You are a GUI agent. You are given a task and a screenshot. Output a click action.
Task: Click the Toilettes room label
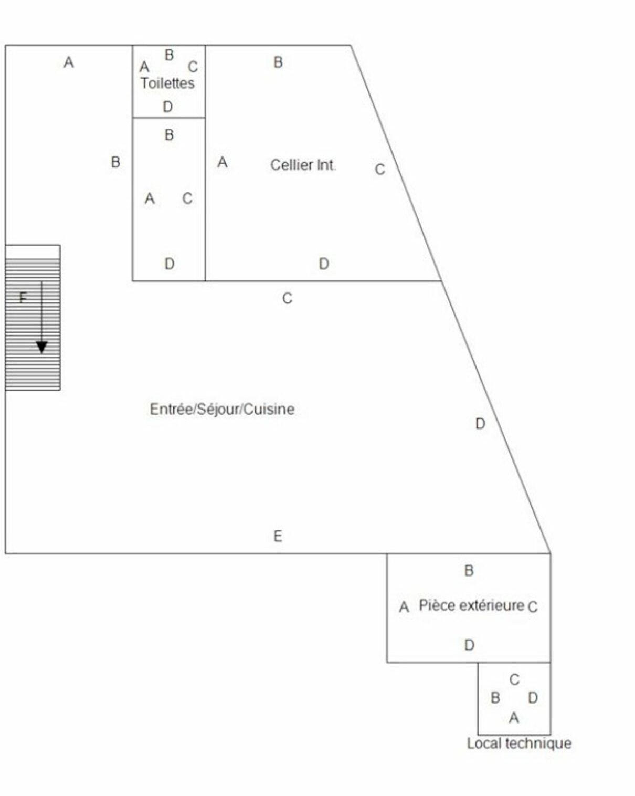point(167,83)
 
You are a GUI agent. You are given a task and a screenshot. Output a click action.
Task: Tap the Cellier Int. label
point(303,165)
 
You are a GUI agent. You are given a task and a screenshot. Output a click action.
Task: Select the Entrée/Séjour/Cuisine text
point(223,409)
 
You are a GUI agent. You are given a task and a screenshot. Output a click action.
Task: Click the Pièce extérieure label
point(472,605)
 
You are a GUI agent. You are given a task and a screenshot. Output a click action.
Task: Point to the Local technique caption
point(519,743)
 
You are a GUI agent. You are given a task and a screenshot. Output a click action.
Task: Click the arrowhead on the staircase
point(41,348)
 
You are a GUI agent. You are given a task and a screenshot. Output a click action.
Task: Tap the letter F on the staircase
point(23,297)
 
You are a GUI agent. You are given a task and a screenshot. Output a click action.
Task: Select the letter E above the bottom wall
point(278,536)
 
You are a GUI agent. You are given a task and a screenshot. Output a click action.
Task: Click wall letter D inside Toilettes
point(168,107)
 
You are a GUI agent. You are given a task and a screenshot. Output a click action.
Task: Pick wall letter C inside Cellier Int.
point(380,170)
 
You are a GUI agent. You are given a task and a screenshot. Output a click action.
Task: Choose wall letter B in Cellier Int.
point(278,62)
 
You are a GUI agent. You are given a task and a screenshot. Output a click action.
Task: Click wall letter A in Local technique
point(514,718)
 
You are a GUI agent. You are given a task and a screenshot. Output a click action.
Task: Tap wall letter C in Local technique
point(514,679)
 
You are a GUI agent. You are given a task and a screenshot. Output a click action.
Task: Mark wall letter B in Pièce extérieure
point(469,571)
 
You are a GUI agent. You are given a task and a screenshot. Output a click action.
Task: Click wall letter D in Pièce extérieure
point(469,645)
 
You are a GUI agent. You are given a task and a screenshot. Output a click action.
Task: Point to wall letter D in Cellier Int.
point(324,264)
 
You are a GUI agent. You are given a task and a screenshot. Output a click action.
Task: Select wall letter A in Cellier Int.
point(223,162)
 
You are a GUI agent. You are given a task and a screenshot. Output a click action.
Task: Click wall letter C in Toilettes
point(193,67)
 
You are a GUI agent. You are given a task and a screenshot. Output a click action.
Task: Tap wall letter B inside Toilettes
point(169,55)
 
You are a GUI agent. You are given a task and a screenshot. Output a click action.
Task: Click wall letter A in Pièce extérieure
point(404,607)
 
